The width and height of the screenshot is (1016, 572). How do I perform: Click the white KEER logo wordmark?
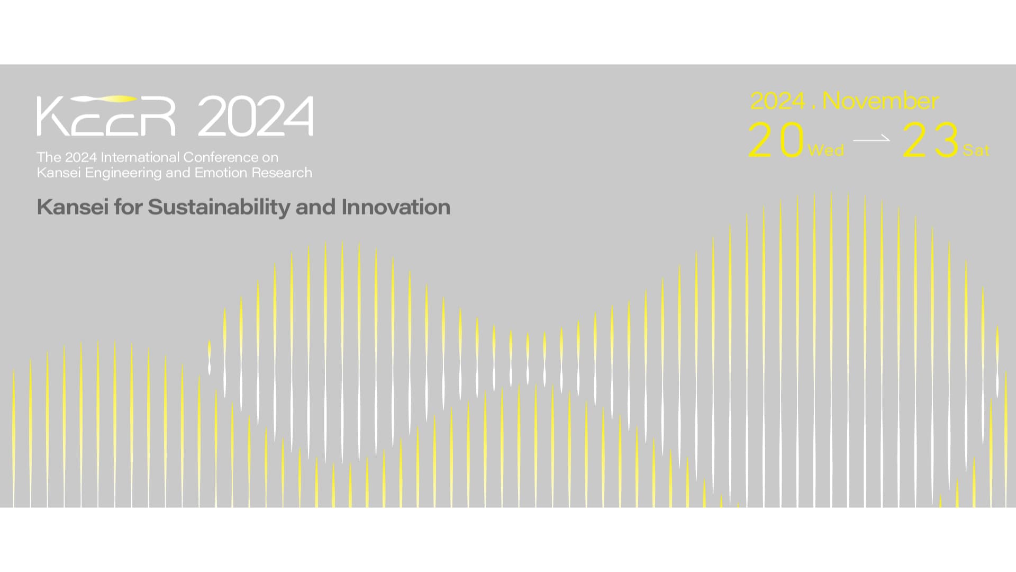pyautogui.click(x=106, y=115)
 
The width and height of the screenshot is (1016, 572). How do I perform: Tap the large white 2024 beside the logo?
pyautogui.click(x=255, y=116)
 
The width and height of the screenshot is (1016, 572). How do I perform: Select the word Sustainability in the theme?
pyautogui.click(x=219, y=207)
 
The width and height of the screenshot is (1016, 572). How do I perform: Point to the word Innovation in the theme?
pyautogui.click(x=396, y=207)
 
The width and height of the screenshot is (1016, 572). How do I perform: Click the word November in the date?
pyautogui.click(x=881, y=101)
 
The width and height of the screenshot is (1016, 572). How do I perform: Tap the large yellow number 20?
pyautogui.click(x=776, y=140)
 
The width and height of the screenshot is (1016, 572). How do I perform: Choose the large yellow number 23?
pyautogui.click(x=931, y=140)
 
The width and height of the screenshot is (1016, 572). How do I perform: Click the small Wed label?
pyautogui.click(x=826, y=150)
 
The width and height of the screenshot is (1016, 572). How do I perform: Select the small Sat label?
pyautogui.click(x=976, y=150)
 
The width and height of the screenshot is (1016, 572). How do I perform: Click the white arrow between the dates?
pyautogui.click(x=872, y=139)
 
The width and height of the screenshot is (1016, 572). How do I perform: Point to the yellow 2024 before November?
pyautogui.click(x=778, y=101)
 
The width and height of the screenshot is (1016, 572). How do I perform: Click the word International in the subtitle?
pyautogui.click(x=140, y=157)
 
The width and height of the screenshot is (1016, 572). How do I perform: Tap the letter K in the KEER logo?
pyautogui.click(x=52, y=116)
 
